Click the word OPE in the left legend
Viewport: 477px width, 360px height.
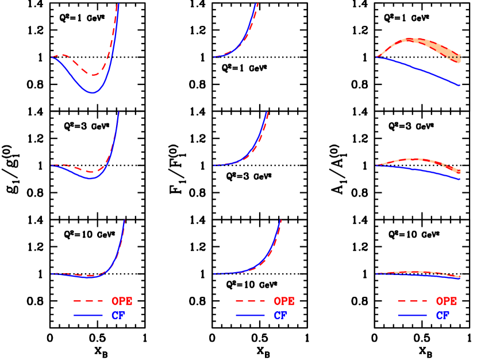[x=122, y=301]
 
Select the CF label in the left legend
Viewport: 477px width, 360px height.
[x=118, y=315]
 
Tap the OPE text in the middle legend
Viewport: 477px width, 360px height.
[x=284, y=301]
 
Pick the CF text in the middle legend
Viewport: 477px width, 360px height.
[x=280, y=315]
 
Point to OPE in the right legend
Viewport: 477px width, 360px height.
[x=447, y=301]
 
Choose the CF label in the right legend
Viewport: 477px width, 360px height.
[x=443, y=315]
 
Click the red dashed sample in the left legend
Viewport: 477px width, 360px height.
[x=88, y=301]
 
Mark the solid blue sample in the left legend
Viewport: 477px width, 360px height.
[x=88, y=315]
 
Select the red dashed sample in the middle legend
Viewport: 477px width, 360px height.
[x=250, y=301]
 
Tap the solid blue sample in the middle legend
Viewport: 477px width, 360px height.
[x=250, y=315]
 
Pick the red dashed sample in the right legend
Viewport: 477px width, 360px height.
[x=412, y=301]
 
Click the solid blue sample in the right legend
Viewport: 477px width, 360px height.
[x=412, y=315]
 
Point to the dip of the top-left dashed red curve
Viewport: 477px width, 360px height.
[x=91, y=75]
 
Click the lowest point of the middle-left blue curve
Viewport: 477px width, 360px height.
[x=90, y=179]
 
